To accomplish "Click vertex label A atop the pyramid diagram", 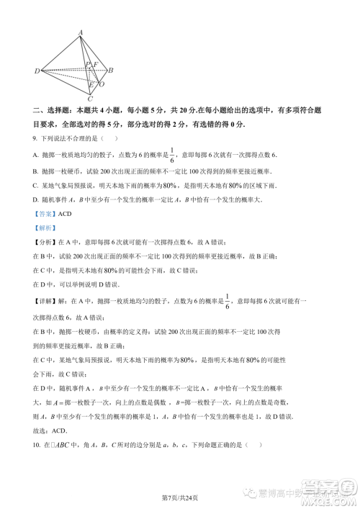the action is tap(81, 32).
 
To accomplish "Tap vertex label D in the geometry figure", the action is tap(37, 71).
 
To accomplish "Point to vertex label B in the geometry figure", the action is tap(110, 71).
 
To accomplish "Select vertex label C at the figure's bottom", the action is tap(89, 97).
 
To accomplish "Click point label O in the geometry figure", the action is tap(102, 84).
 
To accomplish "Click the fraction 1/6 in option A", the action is tap(171, 154).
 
